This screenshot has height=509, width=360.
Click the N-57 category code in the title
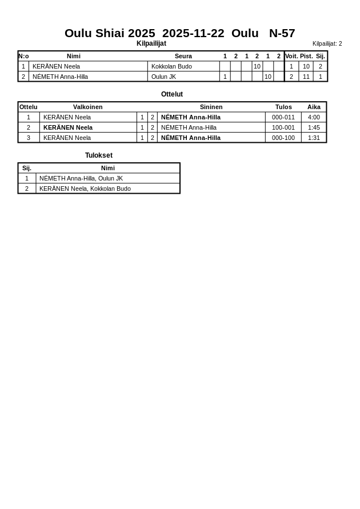click(x=282, y=33)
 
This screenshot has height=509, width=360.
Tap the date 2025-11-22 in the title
click(x=193, y=33)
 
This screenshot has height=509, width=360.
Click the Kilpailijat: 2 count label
click(x=327, y=43)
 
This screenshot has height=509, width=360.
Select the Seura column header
click(x=183, y=56)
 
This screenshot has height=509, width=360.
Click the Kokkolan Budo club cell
click(x=171, y=66)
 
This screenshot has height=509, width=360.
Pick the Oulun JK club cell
click(x=163, y=77)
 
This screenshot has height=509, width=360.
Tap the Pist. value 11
click(x=306, y=77)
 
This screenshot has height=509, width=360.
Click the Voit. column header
click(x=291, y=56)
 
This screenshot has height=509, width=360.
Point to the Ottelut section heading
click(x=172, y=94)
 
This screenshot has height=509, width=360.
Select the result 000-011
click(x=283, y=117)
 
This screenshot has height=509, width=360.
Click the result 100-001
click(x=283, y=127)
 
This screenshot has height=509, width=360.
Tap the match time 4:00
click(x=314, y=117)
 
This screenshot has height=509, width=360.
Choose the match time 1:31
click(x=314, y=138)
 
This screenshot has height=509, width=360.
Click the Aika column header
click(x=314, y=107)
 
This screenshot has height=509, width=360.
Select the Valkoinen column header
click(x=88, y=107)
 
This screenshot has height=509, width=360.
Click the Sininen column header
click(x=211, y=107)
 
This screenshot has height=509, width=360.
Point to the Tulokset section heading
click(x=99, y=155)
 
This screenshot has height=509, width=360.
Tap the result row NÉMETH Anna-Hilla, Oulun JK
click(x=81, y=178)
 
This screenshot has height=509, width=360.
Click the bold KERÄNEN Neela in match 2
click(x=68, y=127)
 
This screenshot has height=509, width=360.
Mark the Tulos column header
click(x=283, y=107)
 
